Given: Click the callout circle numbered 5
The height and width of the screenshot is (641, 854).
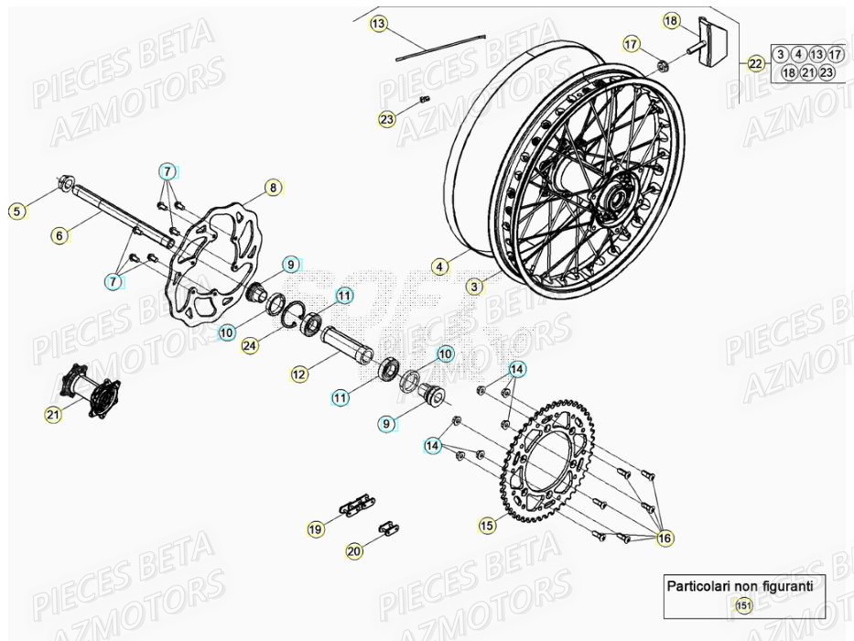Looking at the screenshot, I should point(16,212).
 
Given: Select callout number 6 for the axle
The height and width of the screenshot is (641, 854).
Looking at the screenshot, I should point(59,235).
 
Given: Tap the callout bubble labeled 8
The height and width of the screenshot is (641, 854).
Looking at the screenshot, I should point(272,188).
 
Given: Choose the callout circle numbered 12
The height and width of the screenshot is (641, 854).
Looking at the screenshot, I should point(298,373).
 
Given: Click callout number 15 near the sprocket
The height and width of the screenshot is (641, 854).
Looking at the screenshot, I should point(486,525).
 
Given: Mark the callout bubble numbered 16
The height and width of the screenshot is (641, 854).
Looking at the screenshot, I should point(665,538).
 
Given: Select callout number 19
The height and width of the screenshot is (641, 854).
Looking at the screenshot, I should point(315,528).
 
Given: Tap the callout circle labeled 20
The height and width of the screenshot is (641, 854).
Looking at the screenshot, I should point(353,551).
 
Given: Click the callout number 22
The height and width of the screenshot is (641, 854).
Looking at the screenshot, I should point(755,63).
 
